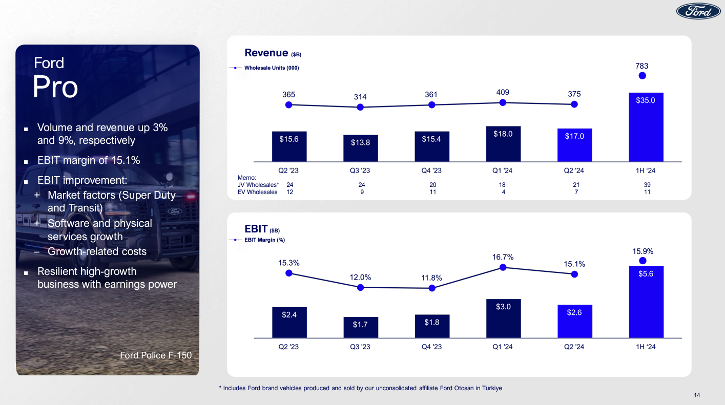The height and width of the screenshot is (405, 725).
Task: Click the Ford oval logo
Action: coord(698,11)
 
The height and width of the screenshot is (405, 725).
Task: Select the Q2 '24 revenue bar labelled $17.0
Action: coord(574,145)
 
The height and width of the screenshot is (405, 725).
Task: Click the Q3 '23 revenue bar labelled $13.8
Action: coord(360,148)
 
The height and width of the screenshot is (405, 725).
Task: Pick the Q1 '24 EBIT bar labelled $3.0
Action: coord(503,318)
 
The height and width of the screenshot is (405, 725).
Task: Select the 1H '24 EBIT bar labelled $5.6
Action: coord(646,302)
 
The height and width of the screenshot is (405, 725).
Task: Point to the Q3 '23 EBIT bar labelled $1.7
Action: coord(360,327)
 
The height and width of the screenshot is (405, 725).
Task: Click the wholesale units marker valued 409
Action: coord(503,102)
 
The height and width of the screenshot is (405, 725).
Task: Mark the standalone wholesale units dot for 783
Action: coord(643,76)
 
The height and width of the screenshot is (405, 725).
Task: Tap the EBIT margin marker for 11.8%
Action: coord(432,288)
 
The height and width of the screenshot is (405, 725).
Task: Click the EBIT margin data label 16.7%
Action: coord(503,257)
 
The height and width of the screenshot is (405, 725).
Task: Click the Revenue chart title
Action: coord(266,53)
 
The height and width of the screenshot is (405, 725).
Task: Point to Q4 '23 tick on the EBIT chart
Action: coord(431,347)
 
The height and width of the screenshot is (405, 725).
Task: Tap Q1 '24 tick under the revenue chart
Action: coord(503,170)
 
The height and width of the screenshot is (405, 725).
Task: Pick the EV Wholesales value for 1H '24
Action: coord(647,192)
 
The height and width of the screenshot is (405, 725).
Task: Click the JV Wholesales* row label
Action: coord(258,184)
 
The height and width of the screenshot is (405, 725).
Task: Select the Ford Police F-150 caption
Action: coord(156,355)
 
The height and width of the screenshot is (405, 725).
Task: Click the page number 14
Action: coord(697,395)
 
